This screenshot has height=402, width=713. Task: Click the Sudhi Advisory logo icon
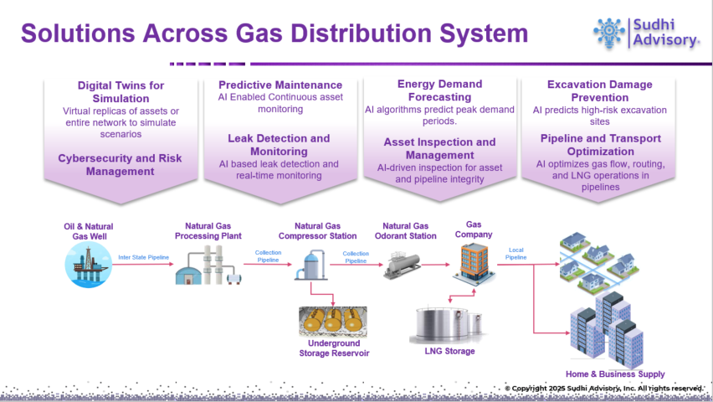[x=609, y=32]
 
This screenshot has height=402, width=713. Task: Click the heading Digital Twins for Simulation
[x=121, y=91]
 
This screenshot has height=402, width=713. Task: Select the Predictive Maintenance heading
[x=280, y=85]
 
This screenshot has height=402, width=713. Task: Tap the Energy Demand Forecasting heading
[x=439, y=90]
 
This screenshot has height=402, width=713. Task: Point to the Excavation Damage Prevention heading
[x=599, y=90]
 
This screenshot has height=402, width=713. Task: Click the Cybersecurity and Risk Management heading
[x=121, y=164]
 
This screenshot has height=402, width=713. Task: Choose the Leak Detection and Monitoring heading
[x=279, y=144]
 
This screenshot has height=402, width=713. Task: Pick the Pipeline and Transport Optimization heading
[x=599, y=144]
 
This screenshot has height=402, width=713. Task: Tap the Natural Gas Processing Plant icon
[x=209, y=266]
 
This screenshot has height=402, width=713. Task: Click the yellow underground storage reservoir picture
[x=334, y=321]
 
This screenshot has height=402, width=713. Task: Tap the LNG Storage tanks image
[x=447, y=325]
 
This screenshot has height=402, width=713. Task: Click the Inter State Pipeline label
[x=144, y=257]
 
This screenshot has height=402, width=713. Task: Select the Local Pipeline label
[x=517, y=252]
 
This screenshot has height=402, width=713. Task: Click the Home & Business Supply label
[x=616, y=374]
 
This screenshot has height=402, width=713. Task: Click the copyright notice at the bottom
[x=603, y=389]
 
